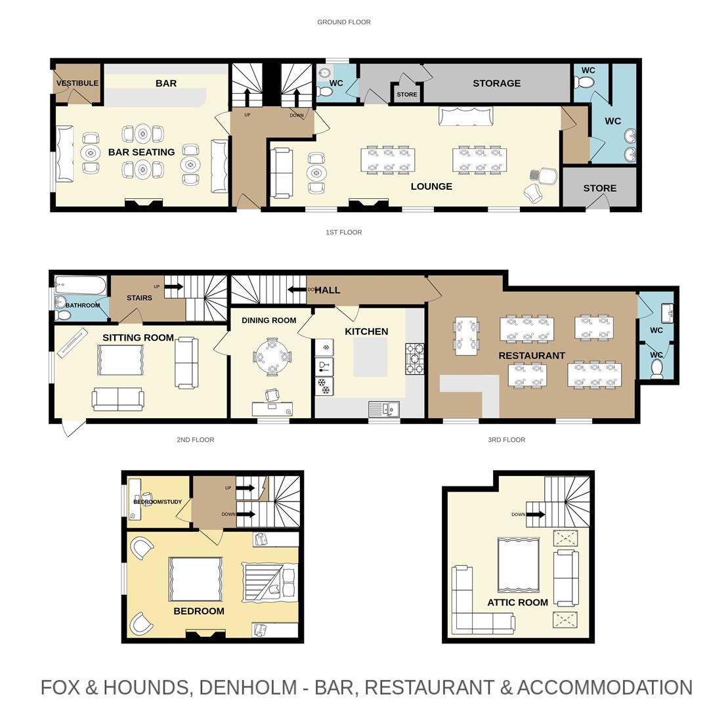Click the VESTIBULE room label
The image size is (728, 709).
click(77, 83)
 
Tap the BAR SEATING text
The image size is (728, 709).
click(141, 152)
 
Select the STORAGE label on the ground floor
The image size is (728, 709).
click(496, 83)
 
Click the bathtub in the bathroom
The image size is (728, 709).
click(80, 285)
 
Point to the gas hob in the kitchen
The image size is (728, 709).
click(414, 358)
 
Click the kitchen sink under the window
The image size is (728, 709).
click(384, 410)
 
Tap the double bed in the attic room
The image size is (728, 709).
click(518, 565)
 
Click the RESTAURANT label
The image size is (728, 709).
click(531, 356)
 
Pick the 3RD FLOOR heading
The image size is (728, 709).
click(506, 440)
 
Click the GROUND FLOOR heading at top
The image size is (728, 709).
click(344, 22)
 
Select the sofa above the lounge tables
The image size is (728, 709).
click(465, 116)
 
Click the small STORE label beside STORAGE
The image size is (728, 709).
click(406, 95)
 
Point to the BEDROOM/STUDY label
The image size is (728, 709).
click(158, 502)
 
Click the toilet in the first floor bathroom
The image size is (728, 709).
click(63, 315)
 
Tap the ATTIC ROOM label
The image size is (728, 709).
click(517, 603)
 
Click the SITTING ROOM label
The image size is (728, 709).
click(138, 338)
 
